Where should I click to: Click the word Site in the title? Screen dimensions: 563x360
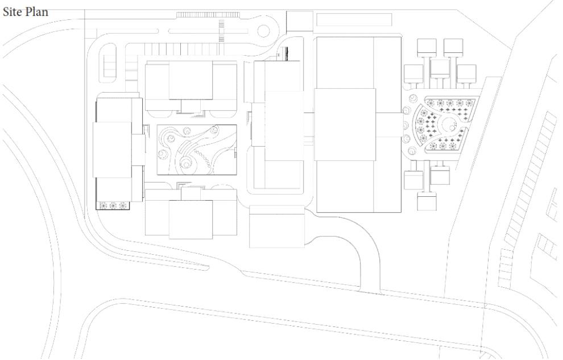point(14,12)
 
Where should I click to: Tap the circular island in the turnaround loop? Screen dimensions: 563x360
point(265,32)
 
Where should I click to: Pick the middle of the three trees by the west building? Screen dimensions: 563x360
point(112,205)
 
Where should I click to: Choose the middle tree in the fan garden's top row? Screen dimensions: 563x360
point(450,104)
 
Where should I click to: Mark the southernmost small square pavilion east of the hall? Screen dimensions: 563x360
point(427,200)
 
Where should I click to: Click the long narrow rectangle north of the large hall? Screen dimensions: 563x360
point(354,19)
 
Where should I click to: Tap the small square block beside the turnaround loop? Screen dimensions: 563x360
point(296,21)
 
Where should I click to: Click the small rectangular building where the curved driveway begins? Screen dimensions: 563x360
point(276,226)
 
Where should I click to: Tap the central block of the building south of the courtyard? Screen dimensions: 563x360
point(191,220)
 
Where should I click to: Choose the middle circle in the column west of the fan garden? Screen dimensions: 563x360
point(405,124)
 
